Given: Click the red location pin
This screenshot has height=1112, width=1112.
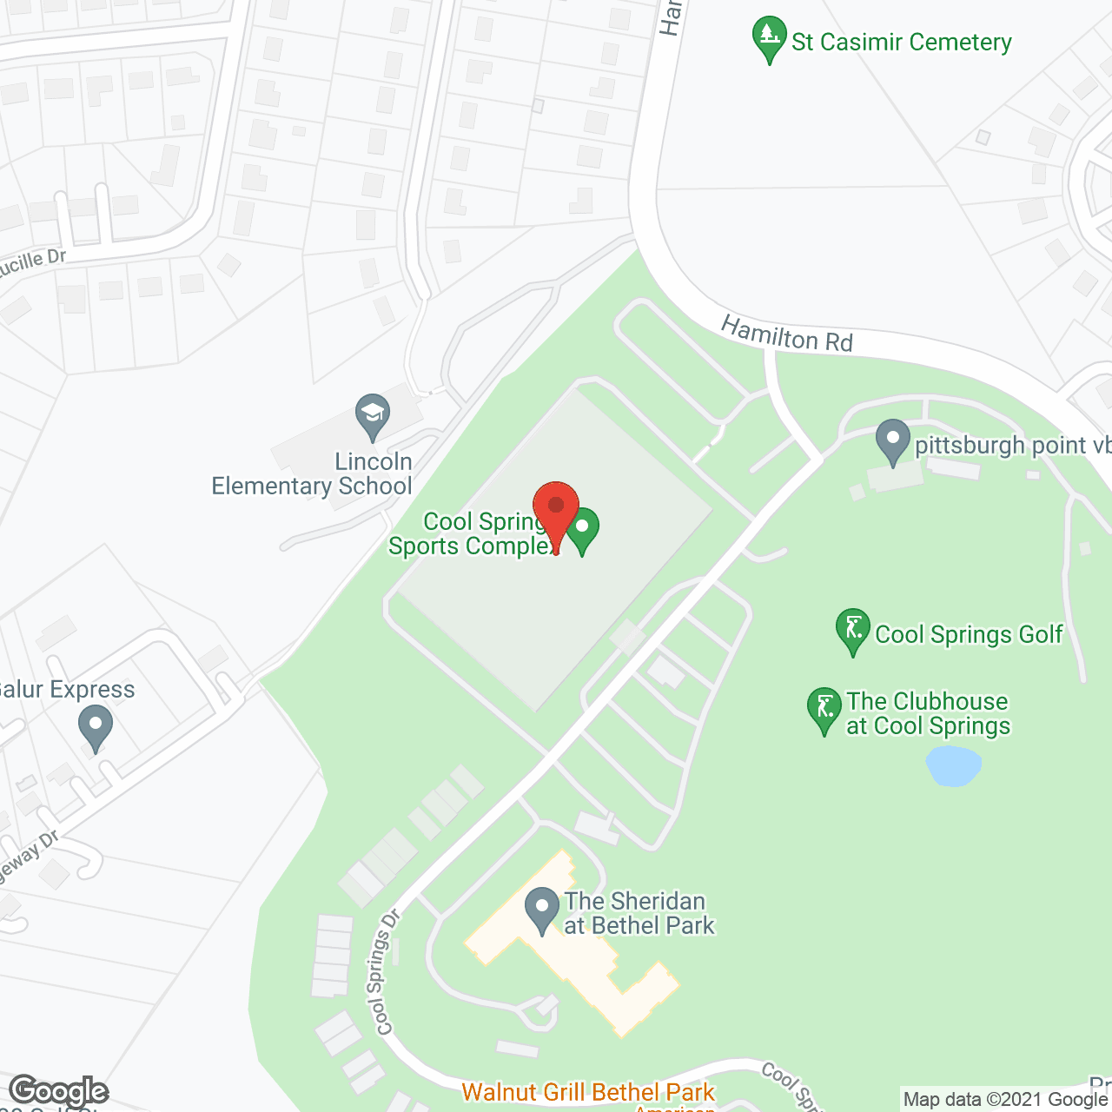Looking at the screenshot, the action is pos(556,508).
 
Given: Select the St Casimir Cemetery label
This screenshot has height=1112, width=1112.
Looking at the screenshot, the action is pos(902,42).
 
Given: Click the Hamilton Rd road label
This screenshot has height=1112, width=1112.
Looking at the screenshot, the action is pos(787,334).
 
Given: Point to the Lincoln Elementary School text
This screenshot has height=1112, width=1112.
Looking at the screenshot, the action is pos(313,473).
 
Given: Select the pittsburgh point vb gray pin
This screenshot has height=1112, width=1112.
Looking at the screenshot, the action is pos(892,441).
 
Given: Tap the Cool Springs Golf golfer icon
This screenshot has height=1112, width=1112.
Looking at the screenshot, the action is pos(853,630).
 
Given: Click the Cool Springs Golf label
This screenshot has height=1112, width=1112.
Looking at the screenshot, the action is pos(969,634).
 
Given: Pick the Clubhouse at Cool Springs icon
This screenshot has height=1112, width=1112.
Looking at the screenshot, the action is pos(824,710).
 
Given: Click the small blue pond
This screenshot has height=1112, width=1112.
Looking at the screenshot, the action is pos(953,766).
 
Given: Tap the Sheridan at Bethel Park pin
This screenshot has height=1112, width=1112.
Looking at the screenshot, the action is pos(542,910).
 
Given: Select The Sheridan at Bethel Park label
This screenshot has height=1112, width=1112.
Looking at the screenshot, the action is pos(639,913).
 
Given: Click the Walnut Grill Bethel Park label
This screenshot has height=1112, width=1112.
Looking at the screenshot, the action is pos(588,1091).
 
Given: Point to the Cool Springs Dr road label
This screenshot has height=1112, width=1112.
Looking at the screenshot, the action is pos(383,973).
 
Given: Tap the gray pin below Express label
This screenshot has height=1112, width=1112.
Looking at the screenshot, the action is pos(96,727).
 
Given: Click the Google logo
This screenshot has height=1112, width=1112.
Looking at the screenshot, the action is pos(58,1091).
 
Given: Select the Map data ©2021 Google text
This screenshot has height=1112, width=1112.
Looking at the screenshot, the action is pos(1005,1099).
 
